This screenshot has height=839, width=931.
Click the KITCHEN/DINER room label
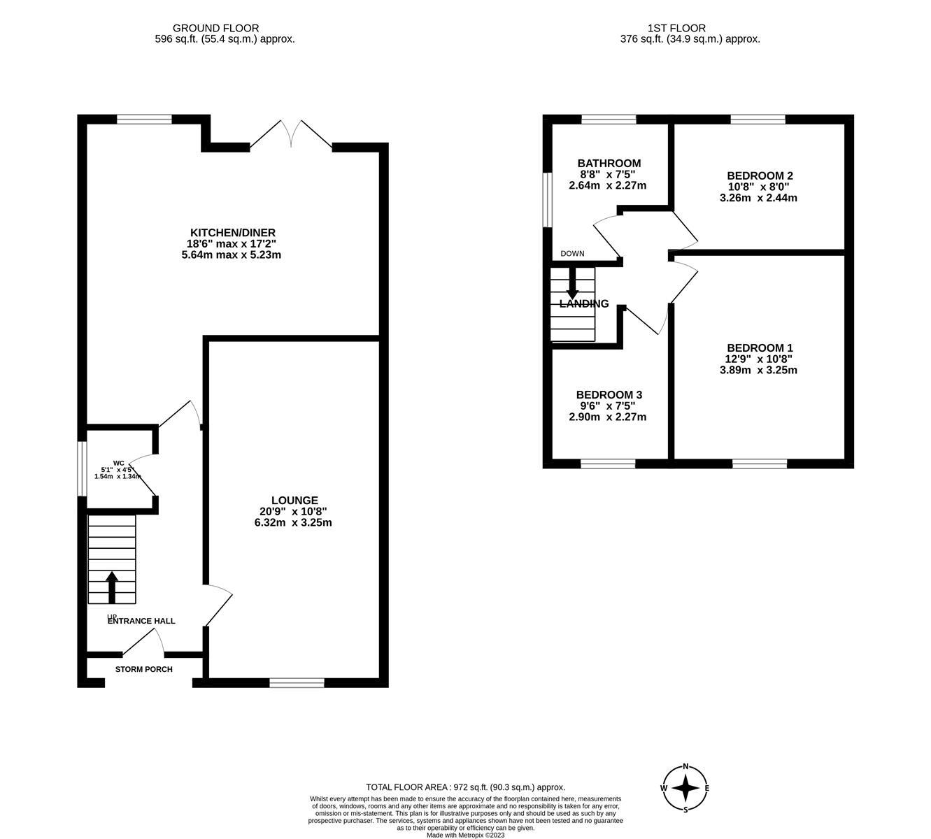233,233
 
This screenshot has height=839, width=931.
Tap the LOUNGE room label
294,501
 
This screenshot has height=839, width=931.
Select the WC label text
119,463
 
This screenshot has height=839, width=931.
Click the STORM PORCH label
143,669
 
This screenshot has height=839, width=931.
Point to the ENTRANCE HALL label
141,621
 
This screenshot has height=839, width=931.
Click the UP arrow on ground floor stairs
111,587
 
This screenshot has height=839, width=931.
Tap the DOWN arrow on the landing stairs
572,285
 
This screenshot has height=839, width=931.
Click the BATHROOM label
609,164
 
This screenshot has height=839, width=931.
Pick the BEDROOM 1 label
760,348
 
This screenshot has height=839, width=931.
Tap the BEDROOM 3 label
609,395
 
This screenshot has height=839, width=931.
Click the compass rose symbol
686,788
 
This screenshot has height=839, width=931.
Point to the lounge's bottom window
297,682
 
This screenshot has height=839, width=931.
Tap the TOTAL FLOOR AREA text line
465,787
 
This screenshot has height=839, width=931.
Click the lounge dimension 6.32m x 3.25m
293,522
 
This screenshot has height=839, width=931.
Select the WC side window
82,468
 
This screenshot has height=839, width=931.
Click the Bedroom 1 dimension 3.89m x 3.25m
758,370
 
